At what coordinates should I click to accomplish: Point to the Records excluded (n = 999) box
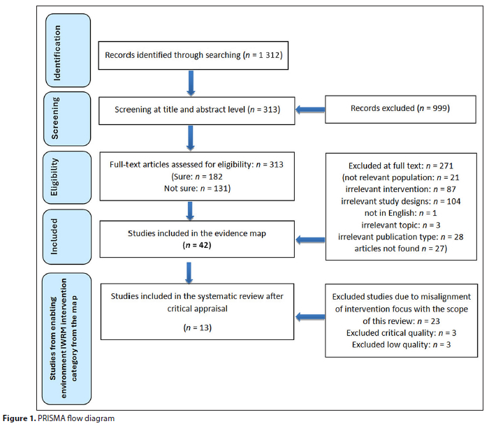pyautogui.click(x=400, y=110)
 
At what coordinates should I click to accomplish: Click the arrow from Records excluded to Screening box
pyautogui.click(x=310, y=110)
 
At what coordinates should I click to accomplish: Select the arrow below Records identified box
pyautogui.click(x=191, y=83)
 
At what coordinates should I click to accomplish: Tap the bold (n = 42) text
pyautogui.click(x=197, y=245)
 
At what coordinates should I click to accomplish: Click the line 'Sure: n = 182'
pyautogui.click(x=197, y=177)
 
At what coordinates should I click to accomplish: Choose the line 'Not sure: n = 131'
pyautogui.click(x=197, y=189)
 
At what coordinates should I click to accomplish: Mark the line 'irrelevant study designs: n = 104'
pyautogui.click(x=401, y=201)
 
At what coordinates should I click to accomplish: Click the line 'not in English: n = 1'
pyautogui.click(x=401, y=213)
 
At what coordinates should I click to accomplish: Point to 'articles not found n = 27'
pyautogui.click(x=401, y=249)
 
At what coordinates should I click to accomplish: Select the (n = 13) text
pyautogui.click(x=198, y=328)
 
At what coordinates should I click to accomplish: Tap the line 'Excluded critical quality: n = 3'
pyautogui.click(x=401, y=333)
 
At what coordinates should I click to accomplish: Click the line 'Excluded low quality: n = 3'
pyautogui.click(x=401, y=345)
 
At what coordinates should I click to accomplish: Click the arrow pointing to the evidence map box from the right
pyautogui.click(x=310, y=240)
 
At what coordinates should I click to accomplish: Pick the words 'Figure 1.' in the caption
pyautogui.click(x=20, y=418)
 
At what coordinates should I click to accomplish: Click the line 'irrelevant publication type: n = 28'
pyautogui.click(x=401, y=237)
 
